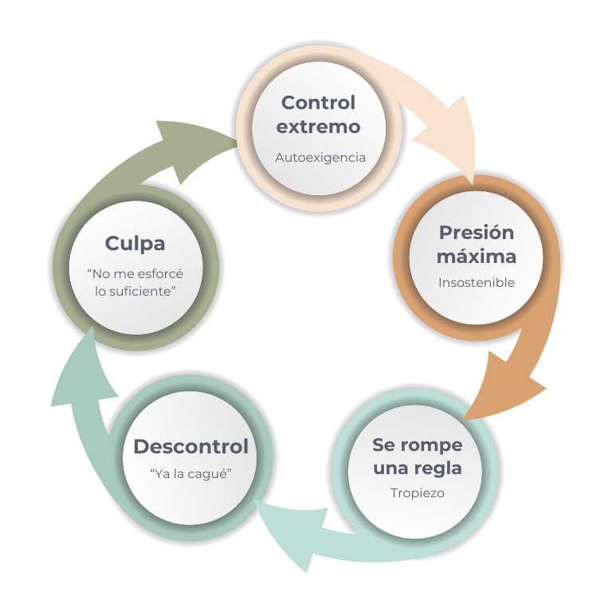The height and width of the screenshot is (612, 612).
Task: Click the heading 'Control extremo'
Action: [319, 115]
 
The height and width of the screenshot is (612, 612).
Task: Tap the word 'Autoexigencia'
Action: [320, 158]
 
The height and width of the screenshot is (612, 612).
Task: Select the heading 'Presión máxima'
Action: [477, 245]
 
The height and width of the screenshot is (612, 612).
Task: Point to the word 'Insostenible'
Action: [477, 282]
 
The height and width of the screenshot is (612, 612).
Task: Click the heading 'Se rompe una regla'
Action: [418, 456]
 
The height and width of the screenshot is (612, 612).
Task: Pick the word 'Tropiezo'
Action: [418, 492]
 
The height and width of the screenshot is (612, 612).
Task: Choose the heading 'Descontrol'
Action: [190, 446]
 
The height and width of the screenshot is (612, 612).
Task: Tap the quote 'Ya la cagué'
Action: [190, 474]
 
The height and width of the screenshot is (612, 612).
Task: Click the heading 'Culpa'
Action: [135, 242]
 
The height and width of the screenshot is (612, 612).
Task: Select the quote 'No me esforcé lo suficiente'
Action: [135, 282]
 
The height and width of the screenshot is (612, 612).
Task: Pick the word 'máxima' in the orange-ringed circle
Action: [477, 257]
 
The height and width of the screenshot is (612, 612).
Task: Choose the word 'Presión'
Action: [477, 233]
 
